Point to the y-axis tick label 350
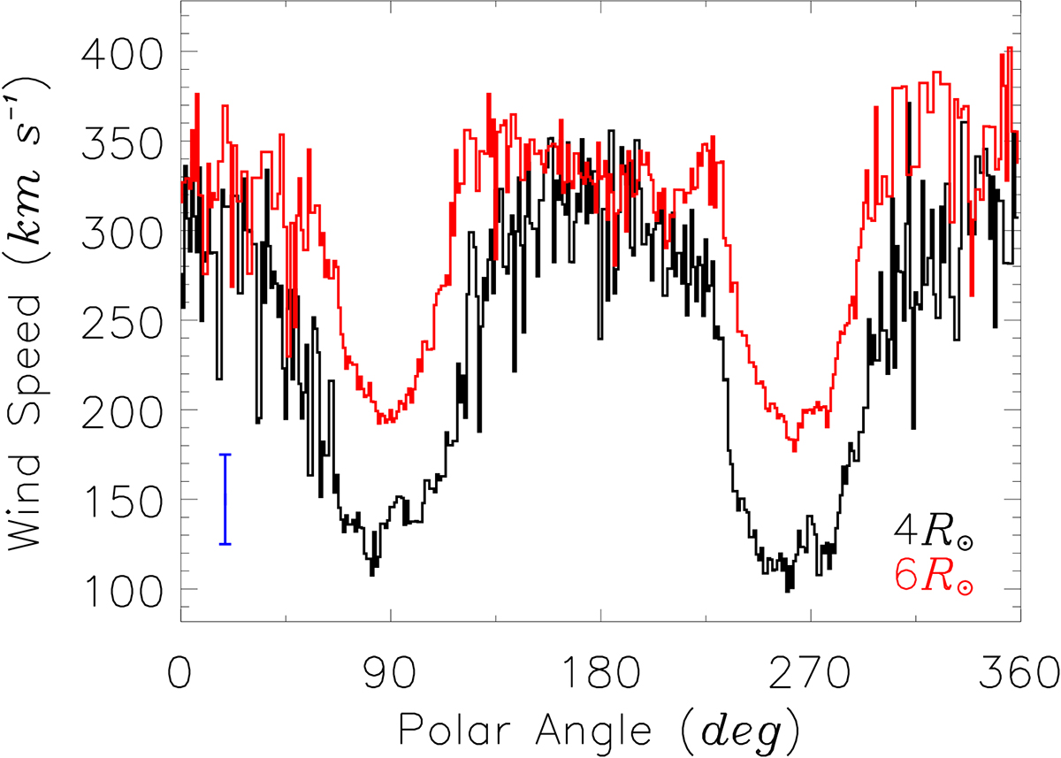click(x=121, y=142)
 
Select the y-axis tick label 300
click(x=121, y=231)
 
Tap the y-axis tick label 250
click(x=121, y=321)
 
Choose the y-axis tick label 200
click(x=121, y=410)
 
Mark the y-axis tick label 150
click(x=121, y=500)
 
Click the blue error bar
click(x=225, y=500)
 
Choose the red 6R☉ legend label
click(x=935, y=576)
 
